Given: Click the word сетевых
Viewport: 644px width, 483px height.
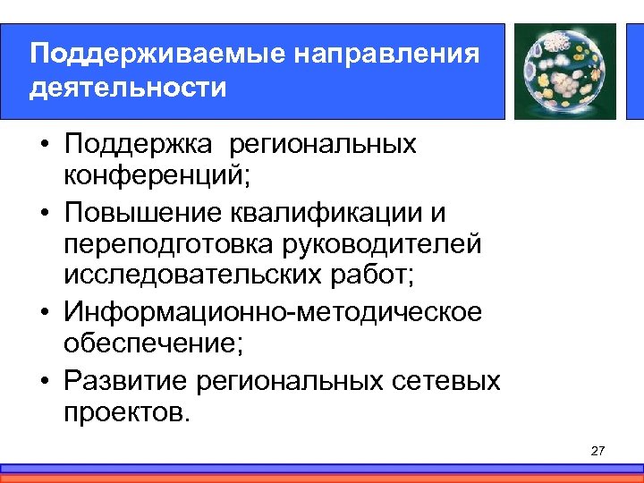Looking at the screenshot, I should (447, 380).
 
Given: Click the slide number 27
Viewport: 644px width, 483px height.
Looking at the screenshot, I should (598, 451).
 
